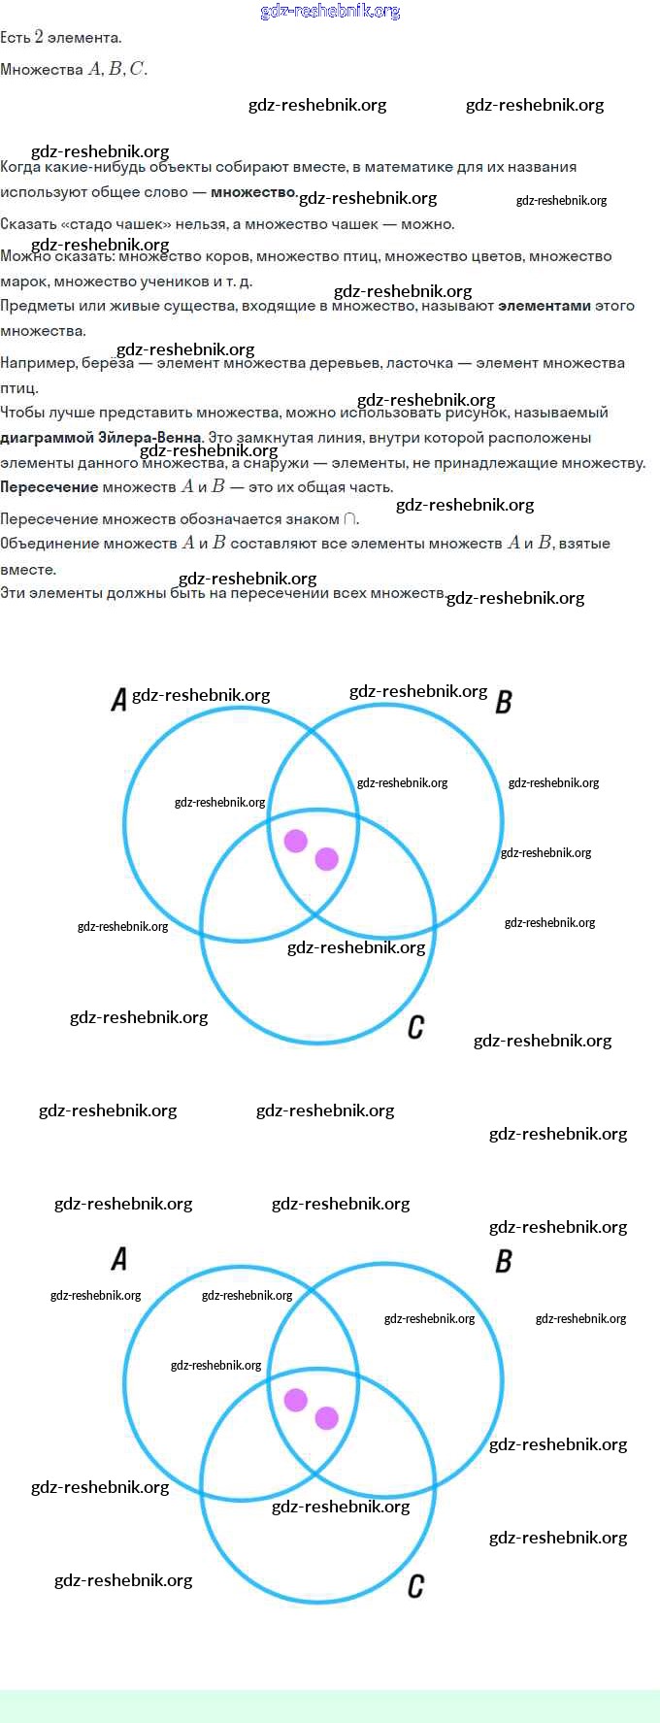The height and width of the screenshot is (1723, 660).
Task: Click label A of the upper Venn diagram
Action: pos(119,699)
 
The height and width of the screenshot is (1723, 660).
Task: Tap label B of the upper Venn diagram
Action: pos(504,702)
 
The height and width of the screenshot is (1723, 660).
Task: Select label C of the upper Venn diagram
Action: pos(416,1027)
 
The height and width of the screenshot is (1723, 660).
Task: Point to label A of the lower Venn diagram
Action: pos(119,1259)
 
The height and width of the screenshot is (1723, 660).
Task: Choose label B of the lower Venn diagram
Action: pos(504,1261)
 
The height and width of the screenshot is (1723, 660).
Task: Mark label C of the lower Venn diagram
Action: pos(416,1586)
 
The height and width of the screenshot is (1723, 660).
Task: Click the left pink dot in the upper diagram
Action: pos(296,841)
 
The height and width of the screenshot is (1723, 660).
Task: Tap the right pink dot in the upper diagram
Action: pos(327,858)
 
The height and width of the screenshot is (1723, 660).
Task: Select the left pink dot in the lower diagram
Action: pos(296,1400)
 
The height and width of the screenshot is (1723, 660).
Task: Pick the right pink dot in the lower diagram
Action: pos(327,1418)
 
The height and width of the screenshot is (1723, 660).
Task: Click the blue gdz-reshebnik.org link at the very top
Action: pos(330,12)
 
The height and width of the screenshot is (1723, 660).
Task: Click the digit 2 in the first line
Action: pos(39,37)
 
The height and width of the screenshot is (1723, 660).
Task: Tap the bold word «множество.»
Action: pos(254,192)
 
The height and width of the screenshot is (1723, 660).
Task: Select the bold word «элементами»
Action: pos(544,306)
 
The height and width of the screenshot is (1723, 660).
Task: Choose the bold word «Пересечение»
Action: pos(49,487)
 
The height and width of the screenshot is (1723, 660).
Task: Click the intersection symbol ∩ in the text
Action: pos(350,519)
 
